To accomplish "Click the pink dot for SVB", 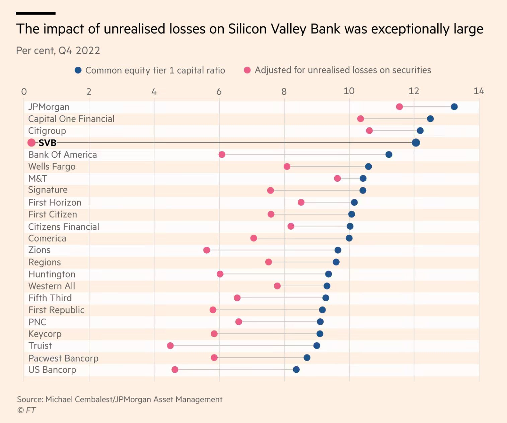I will pyautogui.click(x=31, y=142).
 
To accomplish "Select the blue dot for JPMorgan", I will pyautogui.click(x=454, y=107).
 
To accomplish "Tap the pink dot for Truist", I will pyautogui.click(x=170, y=346).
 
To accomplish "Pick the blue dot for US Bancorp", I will pyautogui.click(x=296, y=369).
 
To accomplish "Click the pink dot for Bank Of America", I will pyautogui.click(x=222, y=155).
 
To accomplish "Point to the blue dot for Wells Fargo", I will pyautogui.click(x=368, y=167).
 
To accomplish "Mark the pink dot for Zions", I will pyautogui.click(x=207, y=250).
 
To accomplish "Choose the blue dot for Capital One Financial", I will pyautogui.click(x=430, y=119).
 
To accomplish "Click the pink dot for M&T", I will pyautogui.click(x=337, y=178).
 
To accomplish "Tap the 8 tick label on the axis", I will pyautogui.click(x=284, y=91).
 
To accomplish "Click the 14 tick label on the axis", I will pyautogui.click(x=479, y=91).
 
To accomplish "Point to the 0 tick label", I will pyautogui.click(x=24, y=92).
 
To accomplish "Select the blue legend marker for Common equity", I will pyautogui.click(x=78, y=70).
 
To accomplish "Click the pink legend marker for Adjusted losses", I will pyautogui.click(x=247, y=70).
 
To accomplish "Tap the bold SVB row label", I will pyautogui.click(x=47, y=143).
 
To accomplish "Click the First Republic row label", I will pyautogui.click(x=56, y=310).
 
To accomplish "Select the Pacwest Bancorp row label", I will pyautogui.click(x=63, y=358).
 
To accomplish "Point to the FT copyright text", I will pyautogui.click(x=26, y=410).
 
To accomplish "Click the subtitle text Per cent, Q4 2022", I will pyautogui.click(x=58, y=51).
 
